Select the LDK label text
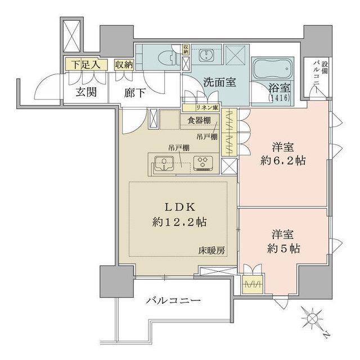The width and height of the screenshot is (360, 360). (x=179, y=206)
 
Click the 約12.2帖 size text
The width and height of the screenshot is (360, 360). (x=179, y=221)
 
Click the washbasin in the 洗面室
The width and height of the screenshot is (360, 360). (x=206, y=56)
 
